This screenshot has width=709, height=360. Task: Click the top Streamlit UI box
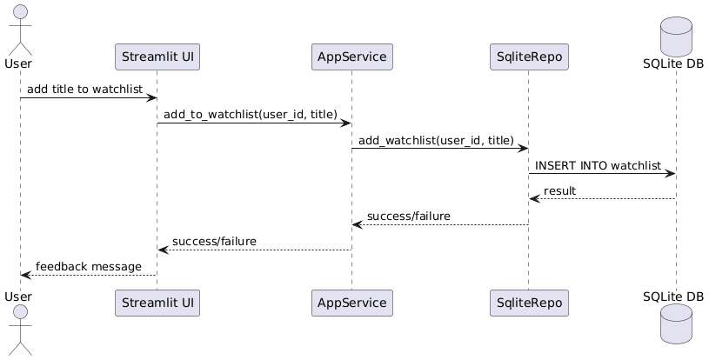(157, 57)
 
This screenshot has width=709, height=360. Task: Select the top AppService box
(352, 57)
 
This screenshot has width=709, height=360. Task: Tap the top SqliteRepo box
(528, 57)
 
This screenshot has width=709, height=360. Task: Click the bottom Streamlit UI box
(157, 303)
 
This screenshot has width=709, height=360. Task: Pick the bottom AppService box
(352, 303)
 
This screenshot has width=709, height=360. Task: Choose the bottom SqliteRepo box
(528, 303)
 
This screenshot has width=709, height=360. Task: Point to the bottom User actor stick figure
(20, 332)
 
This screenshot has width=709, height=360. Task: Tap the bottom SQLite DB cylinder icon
(676, 326)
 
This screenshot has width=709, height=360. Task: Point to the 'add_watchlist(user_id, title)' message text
(436, 140)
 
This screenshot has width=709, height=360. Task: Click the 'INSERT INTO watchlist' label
(599, 165)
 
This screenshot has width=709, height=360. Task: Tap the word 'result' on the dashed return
(559, 190)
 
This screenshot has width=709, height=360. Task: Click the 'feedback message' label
(88, 266)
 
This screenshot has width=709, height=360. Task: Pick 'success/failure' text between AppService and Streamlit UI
(214, 241)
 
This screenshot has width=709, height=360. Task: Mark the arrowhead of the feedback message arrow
(25, 275)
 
